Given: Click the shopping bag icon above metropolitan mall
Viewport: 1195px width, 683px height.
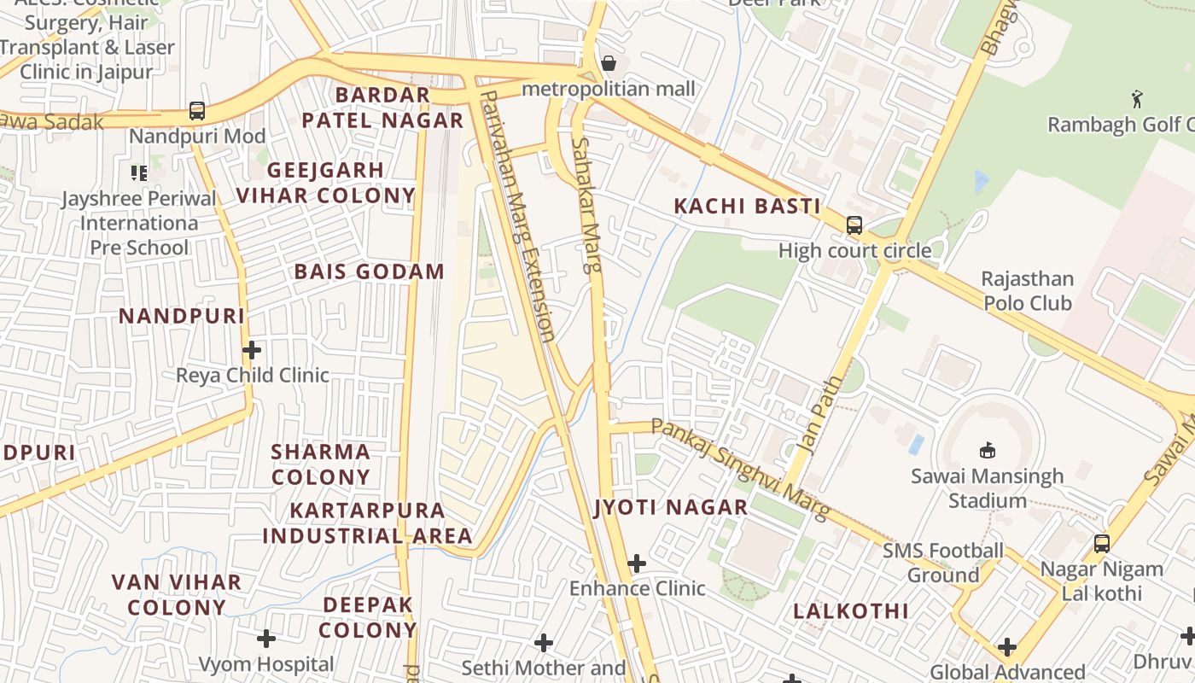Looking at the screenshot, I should click(609, 63).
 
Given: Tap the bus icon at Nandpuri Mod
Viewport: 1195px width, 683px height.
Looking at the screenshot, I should click(197, 111).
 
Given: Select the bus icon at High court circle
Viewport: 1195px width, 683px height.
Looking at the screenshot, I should click(854, 225).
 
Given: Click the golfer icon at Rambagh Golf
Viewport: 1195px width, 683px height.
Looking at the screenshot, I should click(1137, 99).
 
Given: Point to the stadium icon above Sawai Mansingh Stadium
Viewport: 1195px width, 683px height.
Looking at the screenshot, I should click(988, 450).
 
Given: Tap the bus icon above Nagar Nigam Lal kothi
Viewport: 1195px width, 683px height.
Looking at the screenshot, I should click(1102, 543).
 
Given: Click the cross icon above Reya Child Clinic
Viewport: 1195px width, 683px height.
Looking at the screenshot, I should click(252, 350).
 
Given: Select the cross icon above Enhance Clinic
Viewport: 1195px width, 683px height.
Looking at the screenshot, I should click(636, 563).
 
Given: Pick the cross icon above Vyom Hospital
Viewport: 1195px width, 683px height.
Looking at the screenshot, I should click(266, 639).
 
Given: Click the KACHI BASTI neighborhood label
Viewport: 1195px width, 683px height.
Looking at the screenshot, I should click(747, 206).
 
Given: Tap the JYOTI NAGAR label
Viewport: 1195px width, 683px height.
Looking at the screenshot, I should click(671, 508).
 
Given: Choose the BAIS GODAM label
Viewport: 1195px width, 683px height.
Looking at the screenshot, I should click(370, 271).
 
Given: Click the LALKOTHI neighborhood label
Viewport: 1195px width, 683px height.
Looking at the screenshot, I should click(851, 611).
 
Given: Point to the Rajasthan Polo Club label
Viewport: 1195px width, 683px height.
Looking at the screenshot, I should click(1027, 291).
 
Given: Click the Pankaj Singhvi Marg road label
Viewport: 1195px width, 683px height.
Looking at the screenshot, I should click(740, 469).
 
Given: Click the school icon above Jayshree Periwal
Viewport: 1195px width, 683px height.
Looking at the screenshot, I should click(139, 173).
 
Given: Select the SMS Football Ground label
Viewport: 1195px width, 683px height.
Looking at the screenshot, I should click(942, 563).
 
